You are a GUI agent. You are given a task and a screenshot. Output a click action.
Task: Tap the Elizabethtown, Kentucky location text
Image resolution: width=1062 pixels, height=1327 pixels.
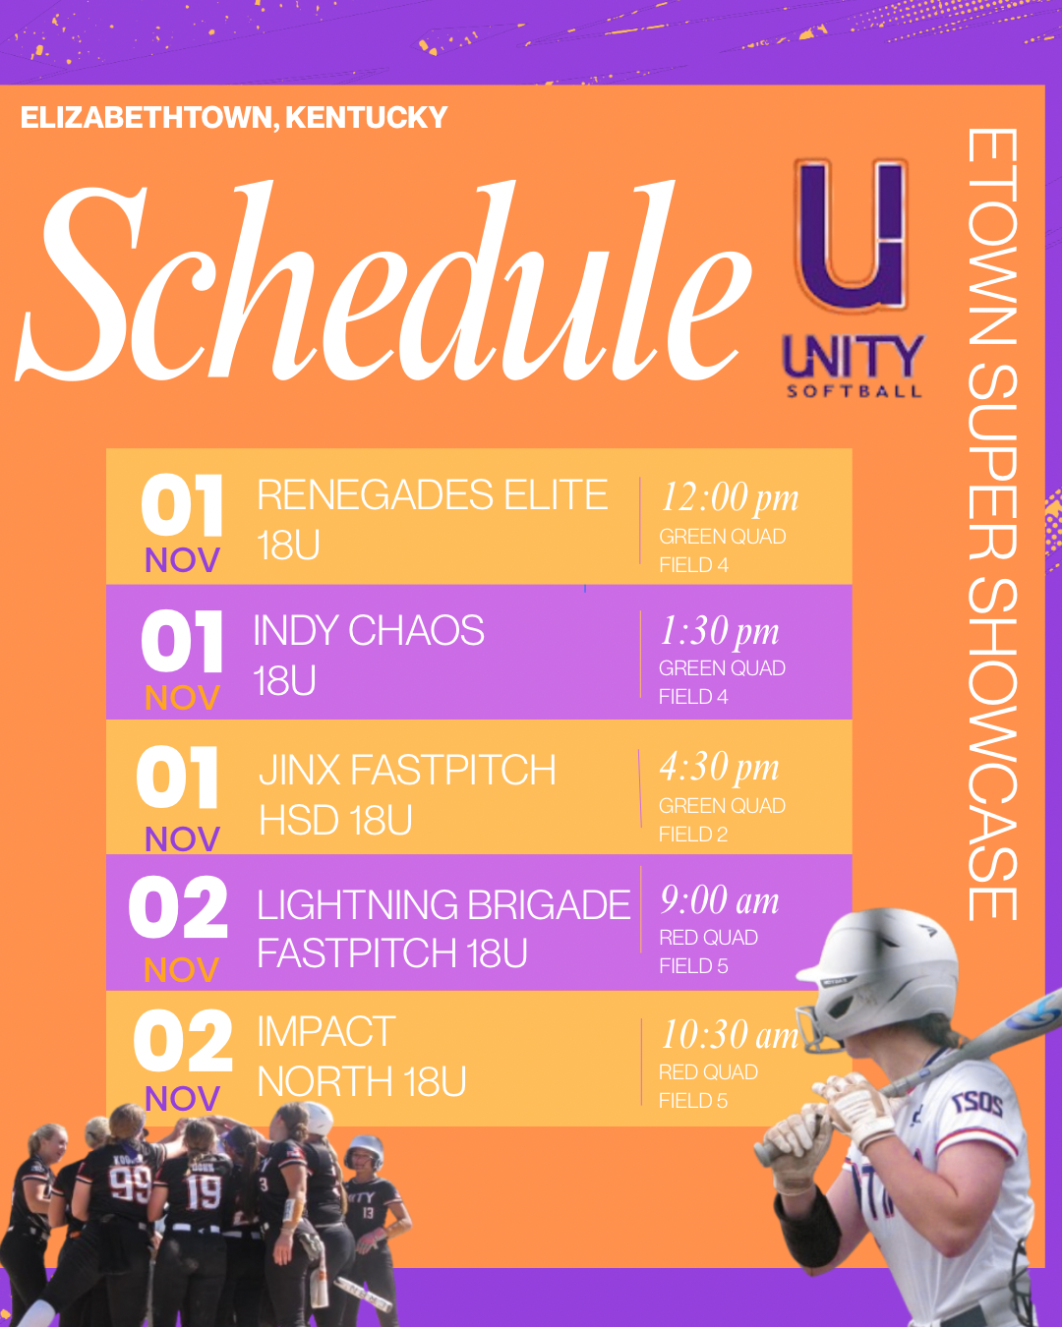(x=234, y=117)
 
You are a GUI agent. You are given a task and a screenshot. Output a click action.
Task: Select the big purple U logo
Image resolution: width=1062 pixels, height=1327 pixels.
(x=853, y=234)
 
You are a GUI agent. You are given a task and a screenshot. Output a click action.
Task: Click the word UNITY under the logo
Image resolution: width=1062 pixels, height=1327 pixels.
(x=854, y=357)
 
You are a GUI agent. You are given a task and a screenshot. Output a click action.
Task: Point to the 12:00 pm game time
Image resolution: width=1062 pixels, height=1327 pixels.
(x=730, y=497)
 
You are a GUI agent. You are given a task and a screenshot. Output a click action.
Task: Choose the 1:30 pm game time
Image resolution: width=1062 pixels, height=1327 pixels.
(x=720, y=631)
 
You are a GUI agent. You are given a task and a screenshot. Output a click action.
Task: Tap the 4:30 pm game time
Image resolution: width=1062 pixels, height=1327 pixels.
(x=720, y=768)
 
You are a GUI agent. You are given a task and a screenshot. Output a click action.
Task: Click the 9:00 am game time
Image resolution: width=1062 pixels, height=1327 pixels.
(x=720, y=901)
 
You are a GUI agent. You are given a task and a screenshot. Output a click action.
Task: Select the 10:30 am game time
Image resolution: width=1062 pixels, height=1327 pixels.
(x=730, y=1035)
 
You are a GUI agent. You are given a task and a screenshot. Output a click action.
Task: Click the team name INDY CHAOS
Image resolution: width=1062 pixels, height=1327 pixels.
(x=369, y=631)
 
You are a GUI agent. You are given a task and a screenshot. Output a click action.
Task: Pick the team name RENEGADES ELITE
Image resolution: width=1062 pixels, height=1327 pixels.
(x=433, y=494)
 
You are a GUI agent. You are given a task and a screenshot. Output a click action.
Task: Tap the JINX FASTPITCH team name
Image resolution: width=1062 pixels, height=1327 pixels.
(x=407, y=770)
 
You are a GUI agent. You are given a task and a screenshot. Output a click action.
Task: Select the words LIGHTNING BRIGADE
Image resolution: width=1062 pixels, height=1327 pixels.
(x=443, y=905)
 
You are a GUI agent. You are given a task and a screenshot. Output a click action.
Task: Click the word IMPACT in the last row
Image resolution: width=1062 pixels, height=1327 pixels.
(x=326, y=1032)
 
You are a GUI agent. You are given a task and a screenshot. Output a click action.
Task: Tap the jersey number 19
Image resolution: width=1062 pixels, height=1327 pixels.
(x=203, y=1192)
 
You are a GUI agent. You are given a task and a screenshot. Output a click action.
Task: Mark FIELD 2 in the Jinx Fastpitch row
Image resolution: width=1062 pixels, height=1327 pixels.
(x=693, y=835)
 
